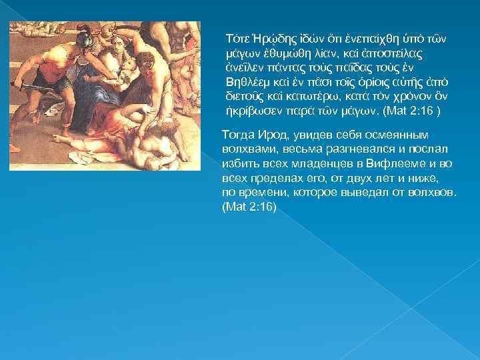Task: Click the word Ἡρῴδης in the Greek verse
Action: (x=263, y=39)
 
